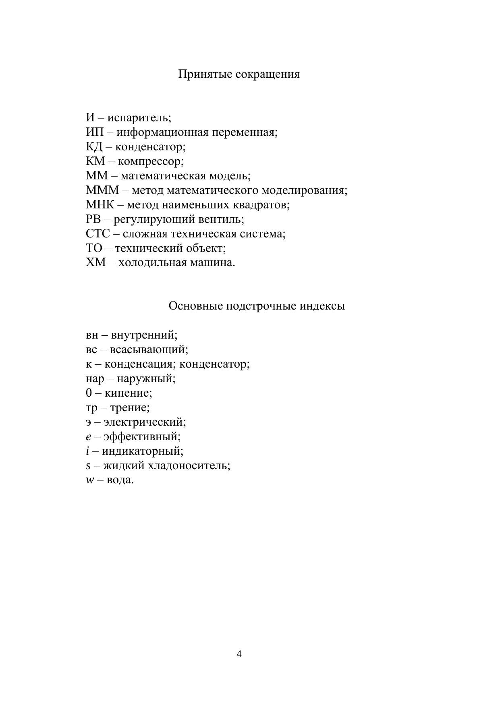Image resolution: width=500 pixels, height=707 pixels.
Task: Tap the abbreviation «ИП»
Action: click(x=95, y=132)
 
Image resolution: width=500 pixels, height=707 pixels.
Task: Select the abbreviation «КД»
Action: click(x=94, y=147)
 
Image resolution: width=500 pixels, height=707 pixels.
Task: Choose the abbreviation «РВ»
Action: click(x=93, y=219)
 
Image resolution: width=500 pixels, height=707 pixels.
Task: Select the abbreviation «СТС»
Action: click(x=98, y=234)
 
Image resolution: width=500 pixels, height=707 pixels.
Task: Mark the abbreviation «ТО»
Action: click(x=94, y=248)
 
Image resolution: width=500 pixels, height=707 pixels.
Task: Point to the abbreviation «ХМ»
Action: click(x=95, y=263)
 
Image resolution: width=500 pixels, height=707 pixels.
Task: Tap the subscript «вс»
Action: click(x=91, y=349)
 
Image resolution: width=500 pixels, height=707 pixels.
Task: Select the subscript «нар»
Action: click(x=95, y=379)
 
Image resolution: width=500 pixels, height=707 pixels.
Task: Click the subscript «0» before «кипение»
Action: click(x=89, y=393)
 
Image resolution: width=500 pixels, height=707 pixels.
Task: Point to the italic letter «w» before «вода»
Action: click(x=89, y=480)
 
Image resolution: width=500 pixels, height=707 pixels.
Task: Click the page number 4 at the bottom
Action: click(x=239, y=653)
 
